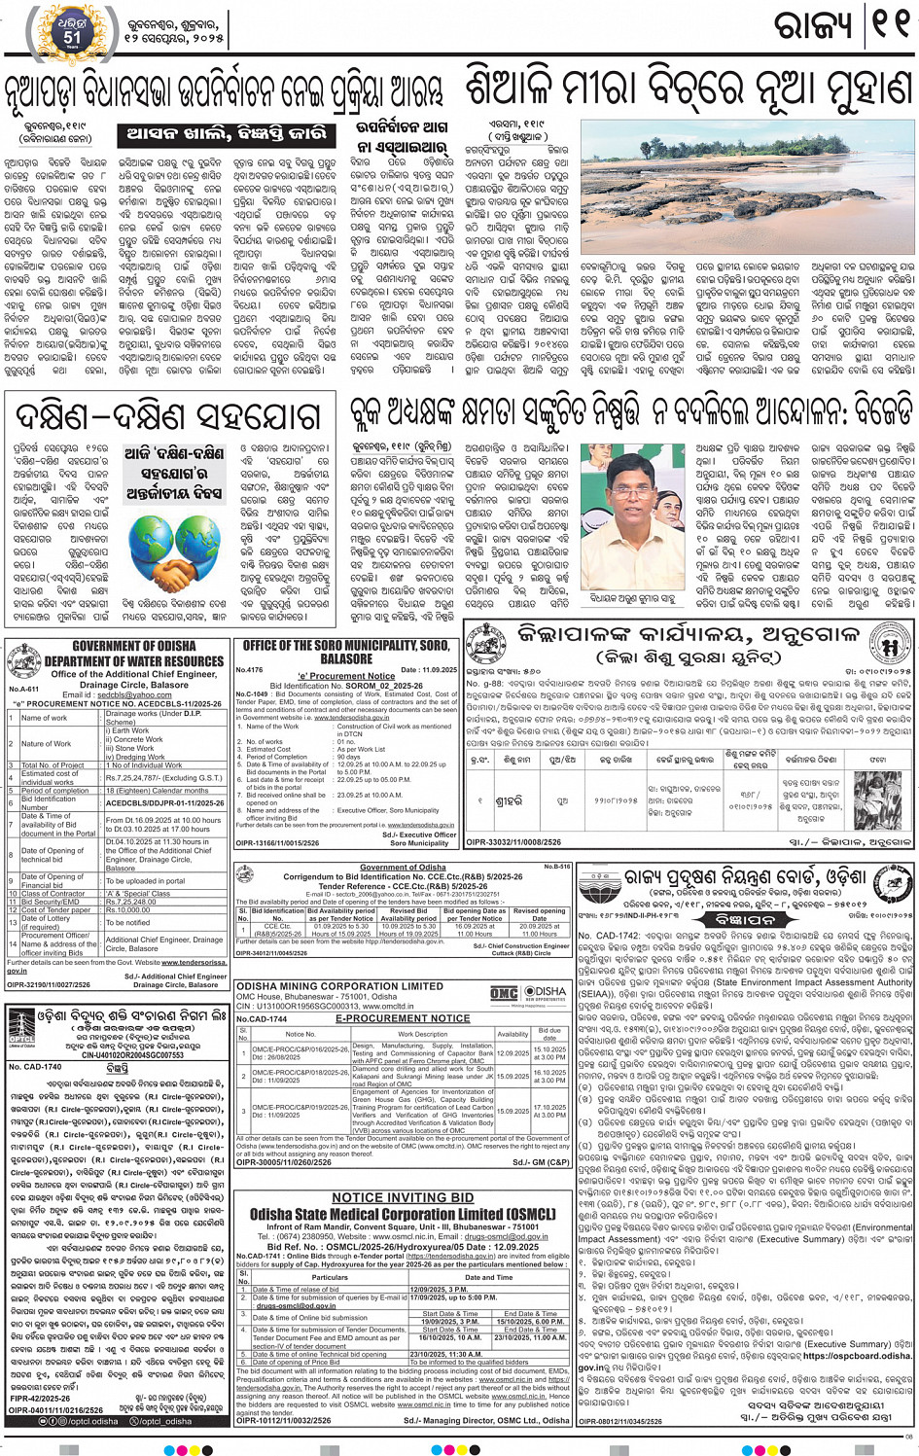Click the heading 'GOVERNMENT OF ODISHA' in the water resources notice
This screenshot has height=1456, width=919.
[x=120, y=646]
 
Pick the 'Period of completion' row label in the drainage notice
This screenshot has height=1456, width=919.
[x=55, y=791]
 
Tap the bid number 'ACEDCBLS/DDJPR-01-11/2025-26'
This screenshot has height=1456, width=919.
[x=164, y=803]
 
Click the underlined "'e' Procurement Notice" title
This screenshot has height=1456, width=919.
[x=346, y=677]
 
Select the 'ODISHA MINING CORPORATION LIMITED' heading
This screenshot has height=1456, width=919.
[x=339, y=985]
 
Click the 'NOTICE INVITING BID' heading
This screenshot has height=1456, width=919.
[x=403, y=1198]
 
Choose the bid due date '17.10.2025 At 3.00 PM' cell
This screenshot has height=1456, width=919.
[x=549, y=1112]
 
